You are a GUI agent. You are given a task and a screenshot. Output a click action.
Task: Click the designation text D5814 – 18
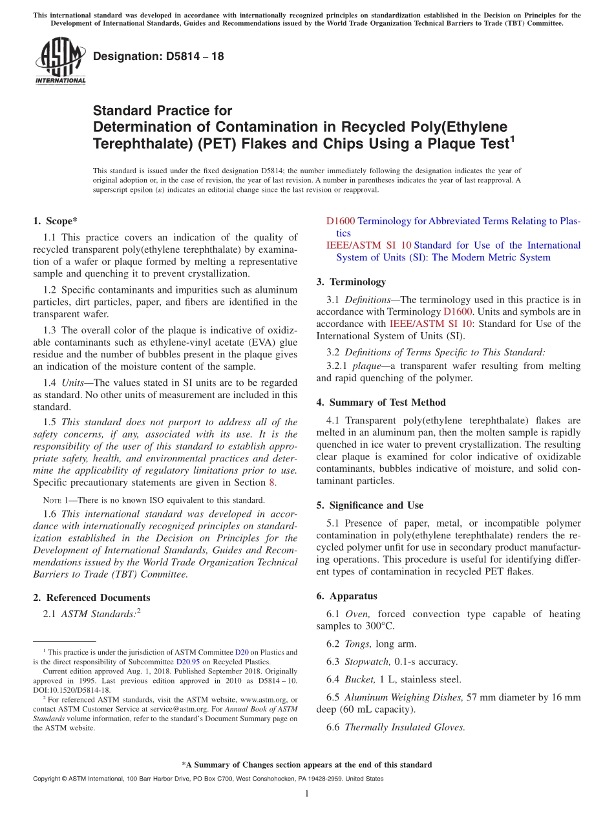point(158,56)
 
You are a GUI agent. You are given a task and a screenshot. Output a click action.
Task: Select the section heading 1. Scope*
point(56,221)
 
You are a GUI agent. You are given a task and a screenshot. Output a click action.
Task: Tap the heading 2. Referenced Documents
point(92,598)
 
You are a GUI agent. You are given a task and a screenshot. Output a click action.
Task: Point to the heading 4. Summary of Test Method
point(381,402)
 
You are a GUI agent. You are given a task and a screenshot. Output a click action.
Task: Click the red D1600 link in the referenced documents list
point(341,221)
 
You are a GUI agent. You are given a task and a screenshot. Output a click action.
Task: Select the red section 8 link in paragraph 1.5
point(272,482)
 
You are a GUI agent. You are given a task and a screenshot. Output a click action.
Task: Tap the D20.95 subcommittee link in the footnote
point(189,662)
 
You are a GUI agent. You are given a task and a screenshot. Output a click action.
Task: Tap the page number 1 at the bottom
point(307,794)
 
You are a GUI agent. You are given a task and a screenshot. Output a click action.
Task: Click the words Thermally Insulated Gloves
point(405,727)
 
